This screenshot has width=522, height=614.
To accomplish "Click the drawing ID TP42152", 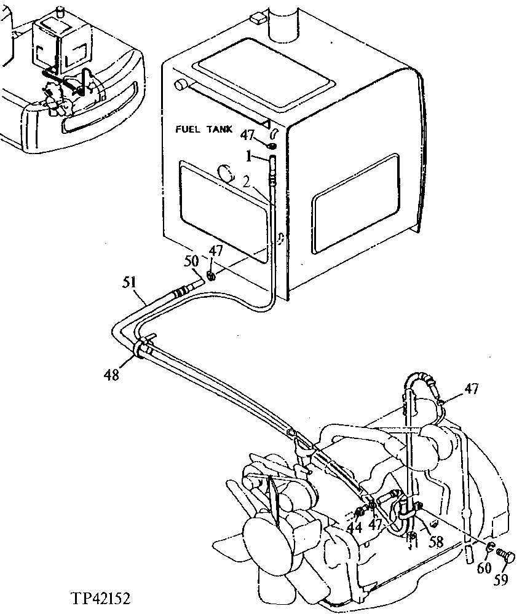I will point(100,597).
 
